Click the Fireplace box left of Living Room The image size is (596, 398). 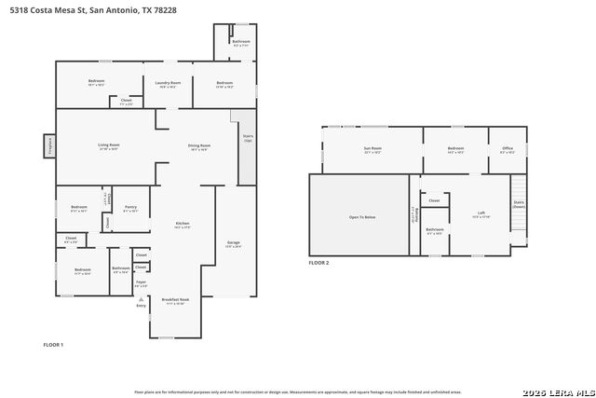[x=48, y=146]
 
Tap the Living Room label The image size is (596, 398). [x=109, y=145]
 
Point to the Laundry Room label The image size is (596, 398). [x=168, y=83]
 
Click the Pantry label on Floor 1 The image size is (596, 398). [x=130, y=207]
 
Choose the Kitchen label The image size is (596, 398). [x=183, y=225]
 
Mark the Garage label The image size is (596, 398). [x=234, y=243]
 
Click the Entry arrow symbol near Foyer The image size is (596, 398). [x=142, y=298]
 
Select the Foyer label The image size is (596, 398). [x=142, y=283]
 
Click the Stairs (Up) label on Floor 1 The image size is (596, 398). [x=248, y=138]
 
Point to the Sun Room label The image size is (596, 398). [x=372, y=149]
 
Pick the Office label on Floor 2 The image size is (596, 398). [x=508, y=149]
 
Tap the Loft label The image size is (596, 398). [x=481, y=213]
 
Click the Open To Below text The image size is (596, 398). [x=362, y=216]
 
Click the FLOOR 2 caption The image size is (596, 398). [x=318, y=263]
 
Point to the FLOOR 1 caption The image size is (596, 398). [x=53, y=345]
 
